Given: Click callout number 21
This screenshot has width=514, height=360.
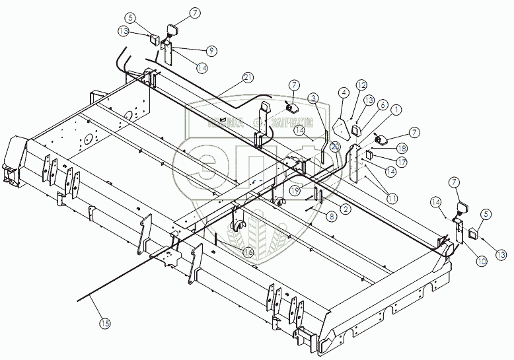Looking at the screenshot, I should click(x=248, y=77).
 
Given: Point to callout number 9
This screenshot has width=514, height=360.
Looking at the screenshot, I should click(x=344, y=92).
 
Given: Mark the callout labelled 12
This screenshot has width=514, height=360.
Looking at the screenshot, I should click(x=361, y=85).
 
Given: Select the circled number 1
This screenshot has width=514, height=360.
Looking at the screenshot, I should click(x=396, y=109).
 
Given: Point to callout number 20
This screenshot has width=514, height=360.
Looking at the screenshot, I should click(x=336, y=147).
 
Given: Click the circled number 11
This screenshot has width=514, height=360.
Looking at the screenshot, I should click(x=392, y=198).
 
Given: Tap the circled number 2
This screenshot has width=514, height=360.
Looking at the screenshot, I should click(x=345, y=208).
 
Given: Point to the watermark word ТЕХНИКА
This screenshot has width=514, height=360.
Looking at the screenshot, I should click(x=225, y=122).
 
